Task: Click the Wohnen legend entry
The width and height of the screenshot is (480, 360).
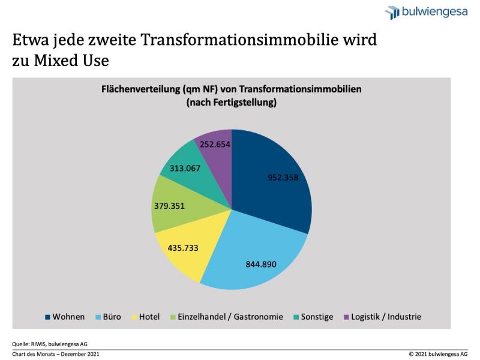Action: pos(64,316)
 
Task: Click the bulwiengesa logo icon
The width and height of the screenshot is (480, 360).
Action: pos(392,11)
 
